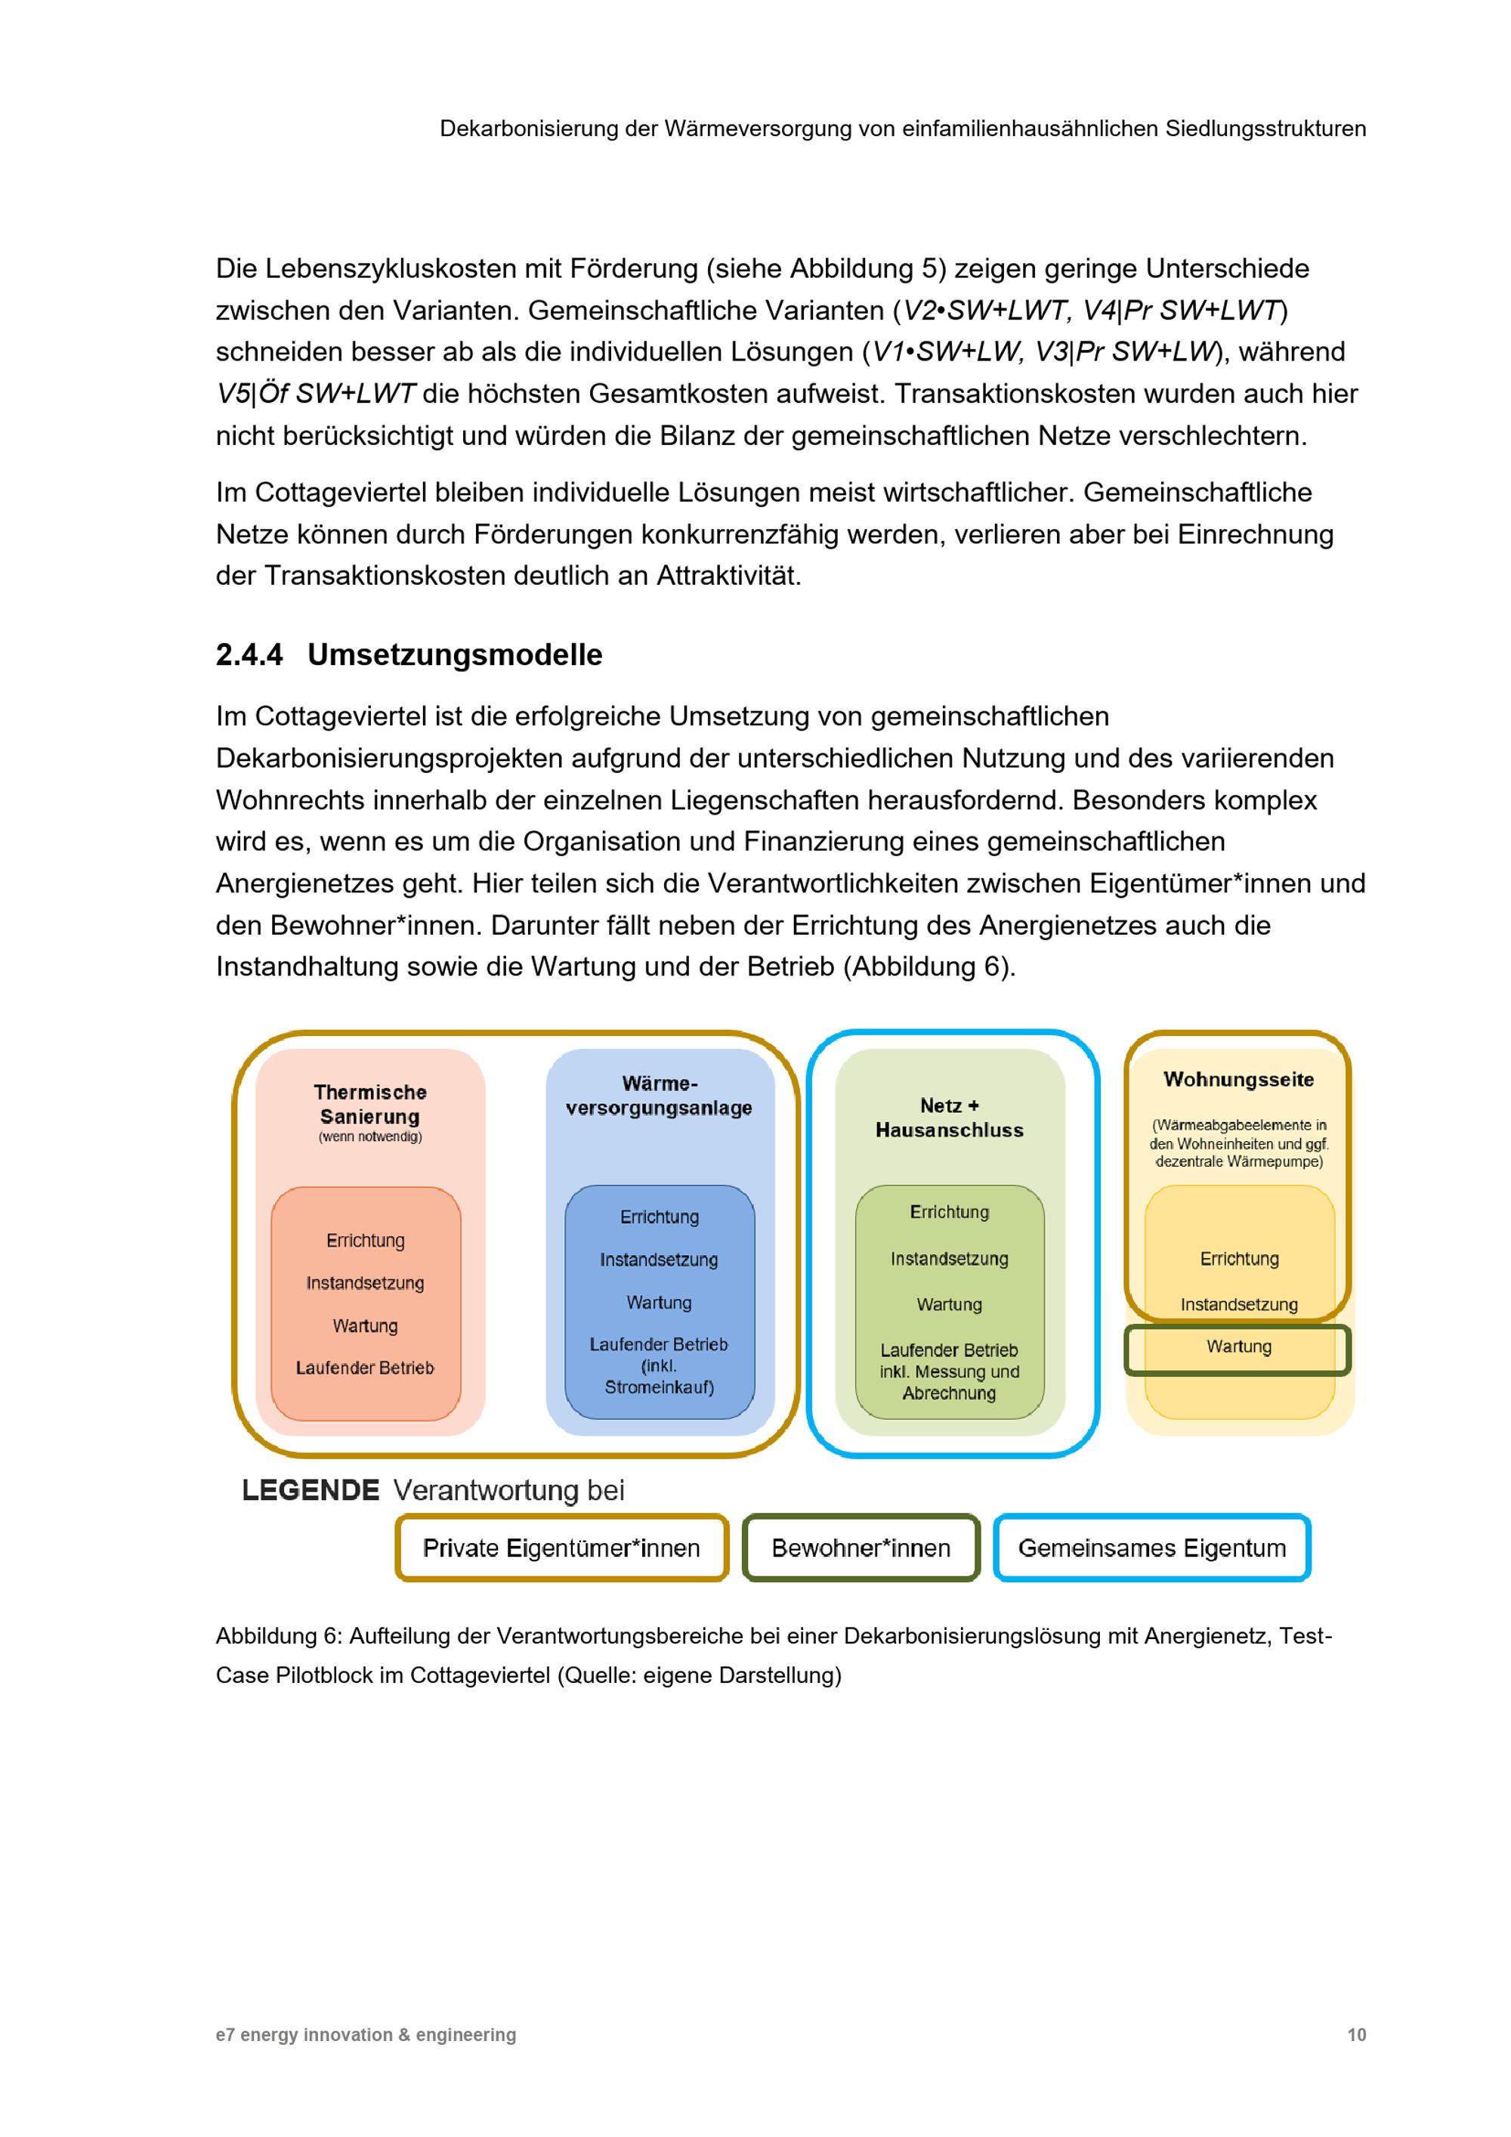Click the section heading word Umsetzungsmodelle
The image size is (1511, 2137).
pos(454,655)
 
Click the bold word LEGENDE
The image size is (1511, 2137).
pos(310,1490)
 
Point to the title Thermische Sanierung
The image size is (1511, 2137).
pos(369,1104)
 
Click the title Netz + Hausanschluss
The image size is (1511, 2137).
pos(949,1117)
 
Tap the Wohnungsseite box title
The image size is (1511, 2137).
pos(1238,1080)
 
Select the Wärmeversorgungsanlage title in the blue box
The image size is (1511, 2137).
pos(659,1096)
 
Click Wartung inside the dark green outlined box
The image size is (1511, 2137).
pos(1238,1347)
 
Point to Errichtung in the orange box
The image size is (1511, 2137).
pos(365,1241)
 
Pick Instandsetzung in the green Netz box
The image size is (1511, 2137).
pos(949,1259)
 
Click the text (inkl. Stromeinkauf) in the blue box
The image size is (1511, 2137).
pos(659,1378)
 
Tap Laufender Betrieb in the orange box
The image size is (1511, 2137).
pos(365,1368)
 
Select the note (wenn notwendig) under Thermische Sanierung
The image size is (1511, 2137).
pos(369,1137)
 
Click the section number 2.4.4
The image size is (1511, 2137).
pos(249,655)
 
